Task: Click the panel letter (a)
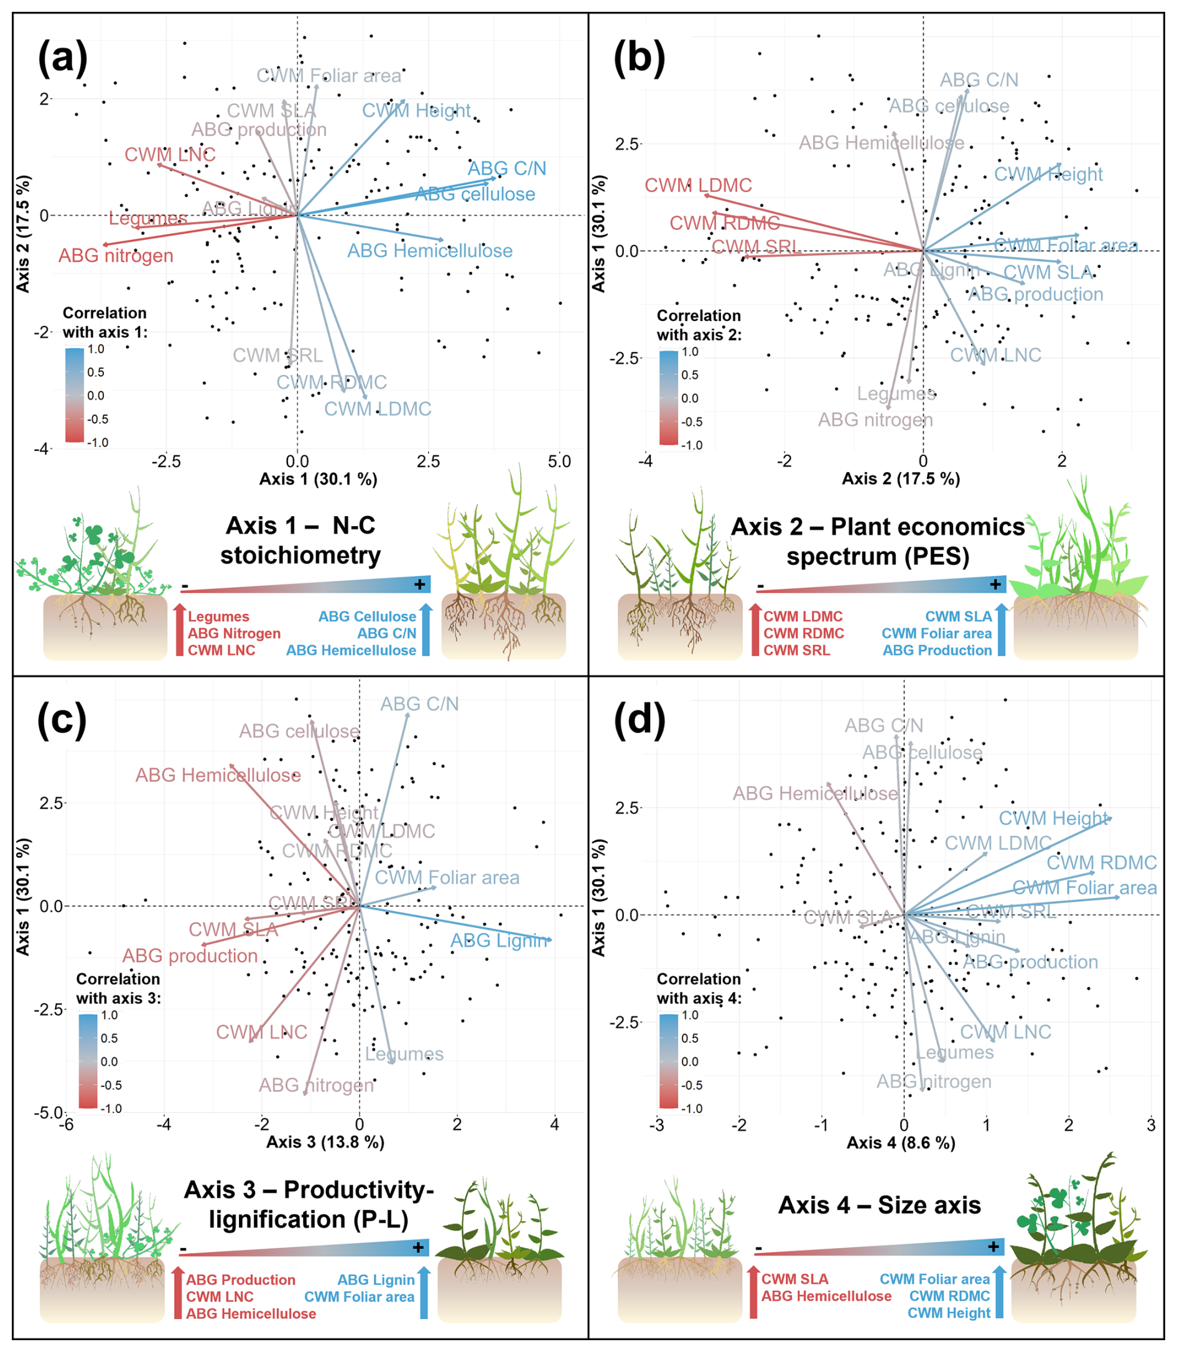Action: click(62, 58)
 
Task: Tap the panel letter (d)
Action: click(638, 720)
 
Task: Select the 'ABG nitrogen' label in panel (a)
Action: click(116, 256)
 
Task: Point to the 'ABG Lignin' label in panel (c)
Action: click(498, 940)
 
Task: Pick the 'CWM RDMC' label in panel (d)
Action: click(1101, 862)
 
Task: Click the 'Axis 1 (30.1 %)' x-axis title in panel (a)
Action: click(318, 479)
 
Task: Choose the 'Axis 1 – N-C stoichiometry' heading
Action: click(300, 540)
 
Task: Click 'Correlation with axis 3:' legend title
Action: click(118, 988)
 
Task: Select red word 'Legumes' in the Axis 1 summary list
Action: click(218, 616)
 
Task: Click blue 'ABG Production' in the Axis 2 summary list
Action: click(937, 650)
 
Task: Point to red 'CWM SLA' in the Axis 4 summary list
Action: click(795, 1279)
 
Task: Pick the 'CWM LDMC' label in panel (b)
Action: click(697, 185)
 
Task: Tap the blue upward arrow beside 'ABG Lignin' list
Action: click(424, 1292)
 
